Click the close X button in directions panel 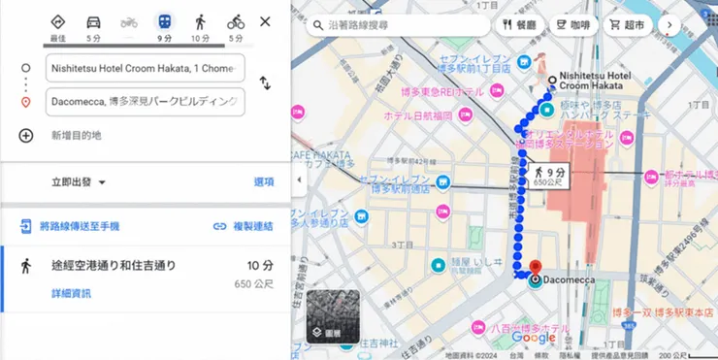(265, 21)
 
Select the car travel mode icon (93, 21)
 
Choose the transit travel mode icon (164, 21)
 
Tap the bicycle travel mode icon (236, 21)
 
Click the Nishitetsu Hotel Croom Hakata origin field (145, 69)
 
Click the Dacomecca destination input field (145, 101)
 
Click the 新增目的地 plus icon (26, 136)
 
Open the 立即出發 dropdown (79, 181)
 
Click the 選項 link (264, 181)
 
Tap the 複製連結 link (244, 226)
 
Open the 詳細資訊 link (72, 293)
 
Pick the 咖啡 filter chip (574, 24)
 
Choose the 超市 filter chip (628, 24)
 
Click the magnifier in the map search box (316, 24)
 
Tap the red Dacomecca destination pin (534, 268)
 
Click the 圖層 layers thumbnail (333, 315)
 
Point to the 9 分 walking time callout (549, 177)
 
